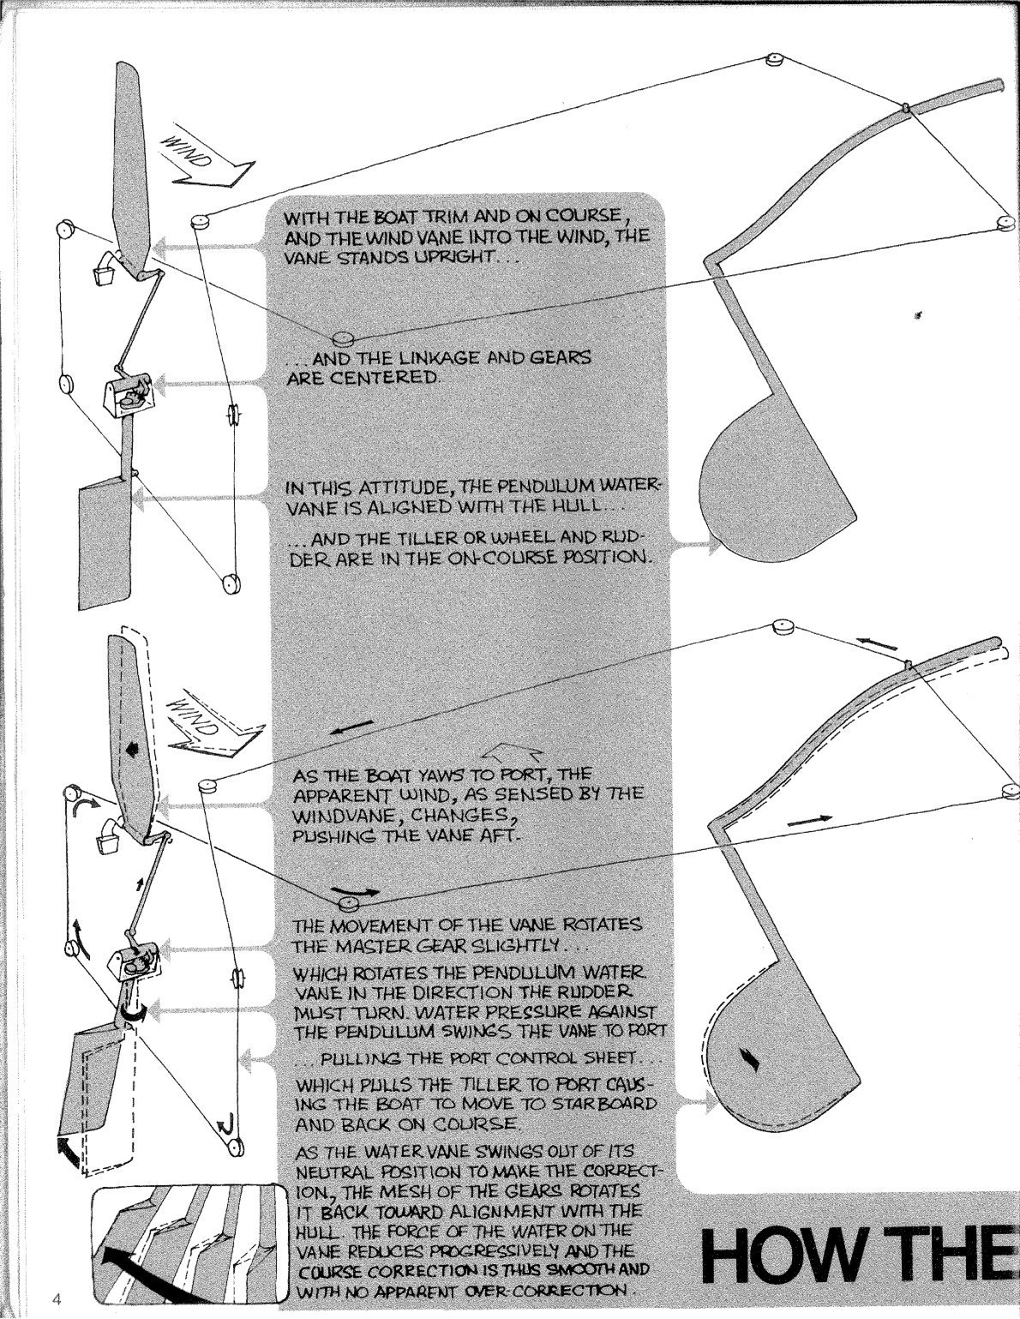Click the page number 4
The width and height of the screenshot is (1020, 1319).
[x=54, y=1297]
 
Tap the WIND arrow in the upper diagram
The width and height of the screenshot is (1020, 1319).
[x=199, y=160]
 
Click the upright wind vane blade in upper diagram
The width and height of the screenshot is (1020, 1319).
[x=130, y=163]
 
